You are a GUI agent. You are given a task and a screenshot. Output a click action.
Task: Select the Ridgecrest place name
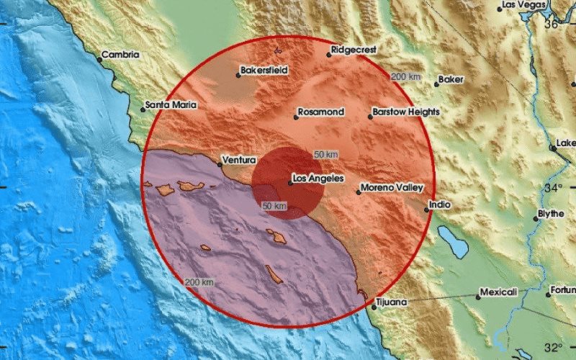pyautogui.click(x=351, y=51)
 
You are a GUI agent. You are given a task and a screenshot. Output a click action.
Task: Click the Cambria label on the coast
pyautogui.click(x=120, y=54)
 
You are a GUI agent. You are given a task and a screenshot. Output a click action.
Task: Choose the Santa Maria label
pyautogui.click(x=171, y=104)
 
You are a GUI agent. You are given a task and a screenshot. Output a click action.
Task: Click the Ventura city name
pyautogui.click(x=240, y=159)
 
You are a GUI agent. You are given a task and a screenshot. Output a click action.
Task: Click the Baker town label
pyautogui.click(x=451, y=79)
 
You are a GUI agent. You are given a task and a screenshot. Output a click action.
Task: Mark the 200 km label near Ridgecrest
pyautogui.click(x=405, y=76)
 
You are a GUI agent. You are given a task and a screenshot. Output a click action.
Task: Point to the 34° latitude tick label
pyautogui.click(x=553, y=188)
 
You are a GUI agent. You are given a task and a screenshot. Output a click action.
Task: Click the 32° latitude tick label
pyautogui.click(x=553, y=347)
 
